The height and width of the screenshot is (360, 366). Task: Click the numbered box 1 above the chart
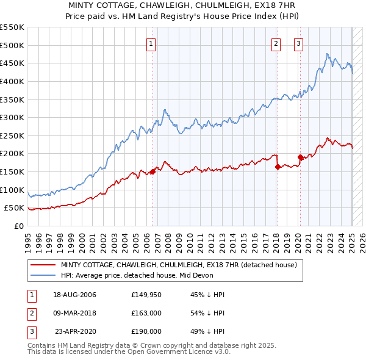(x=151, y=43)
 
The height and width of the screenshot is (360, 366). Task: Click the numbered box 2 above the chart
(x=276, y=43)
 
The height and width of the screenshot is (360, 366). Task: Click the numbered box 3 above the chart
(x=298, y=43)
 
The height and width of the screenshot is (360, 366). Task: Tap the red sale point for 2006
(x=152, y=171)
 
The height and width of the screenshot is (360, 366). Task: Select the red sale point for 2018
(x=278, y=167)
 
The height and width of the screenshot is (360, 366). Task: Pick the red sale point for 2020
(x=300, y=157)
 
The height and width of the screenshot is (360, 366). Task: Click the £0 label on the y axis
(x=19, y=226)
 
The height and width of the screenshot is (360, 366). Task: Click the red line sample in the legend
(x=43, y=265)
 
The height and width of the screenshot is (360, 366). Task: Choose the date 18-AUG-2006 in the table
(x=74, y=295)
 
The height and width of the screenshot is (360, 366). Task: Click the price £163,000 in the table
(x=146, y=313)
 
